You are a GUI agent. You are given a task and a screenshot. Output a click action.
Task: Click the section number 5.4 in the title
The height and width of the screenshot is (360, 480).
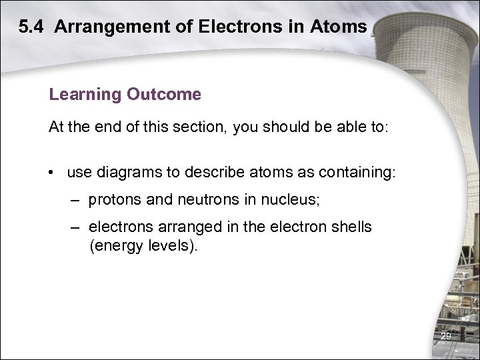click(x=31, y=27)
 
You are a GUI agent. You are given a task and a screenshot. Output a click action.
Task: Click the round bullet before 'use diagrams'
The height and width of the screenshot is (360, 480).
click(x=51, y=173)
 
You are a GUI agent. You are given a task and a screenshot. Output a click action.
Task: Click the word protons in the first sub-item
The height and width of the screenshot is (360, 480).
click(x=114, y=199)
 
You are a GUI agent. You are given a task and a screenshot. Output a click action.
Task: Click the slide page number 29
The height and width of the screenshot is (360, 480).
click(x=446, y=336)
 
